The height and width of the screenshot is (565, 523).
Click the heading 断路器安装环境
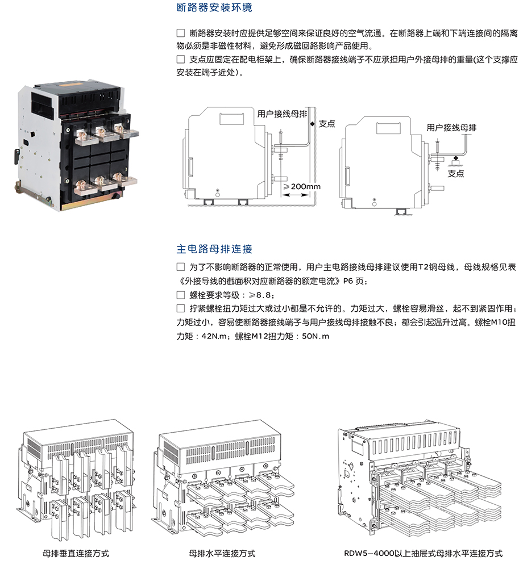coord(214,7)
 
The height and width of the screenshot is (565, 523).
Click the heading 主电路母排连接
coord(214,249)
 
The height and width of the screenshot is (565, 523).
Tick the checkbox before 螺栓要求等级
coord(181,295)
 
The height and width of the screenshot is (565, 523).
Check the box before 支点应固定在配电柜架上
coord(181,60)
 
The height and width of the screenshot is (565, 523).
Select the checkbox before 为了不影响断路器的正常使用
coord(181,267)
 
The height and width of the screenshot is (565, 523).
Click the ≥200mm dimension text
coord(301,187)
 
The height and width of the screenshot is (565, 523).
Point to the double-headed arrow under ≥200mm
coord(296,195)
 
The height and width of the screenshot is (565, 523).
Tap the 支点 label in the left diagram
coord(327,124)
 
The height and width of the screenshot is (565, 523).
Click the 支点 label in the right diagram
coord(455,174)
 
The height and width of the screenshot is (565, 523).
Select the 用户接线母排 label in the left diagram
coord(282,114)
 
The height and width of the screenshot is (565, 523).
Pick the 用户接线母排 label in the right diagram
coord(451,128)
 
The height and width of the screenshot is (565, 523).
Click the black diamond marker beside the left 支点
coord(312,124)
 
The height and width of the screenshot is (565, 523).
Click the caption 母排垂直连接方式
coord(76,553)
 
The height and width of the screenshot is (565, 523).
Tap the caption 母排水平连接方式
coord(222,553)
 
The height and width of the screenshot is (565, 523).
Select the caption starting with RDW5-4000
coord(423,553)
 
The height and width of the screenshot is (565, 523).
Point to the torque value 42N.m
coord(215,337)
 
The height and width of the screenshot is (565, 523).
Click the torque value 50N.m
coord(316,337)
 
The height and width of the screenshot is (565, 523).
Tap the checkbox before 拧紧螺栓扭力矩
coord(181,308)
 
